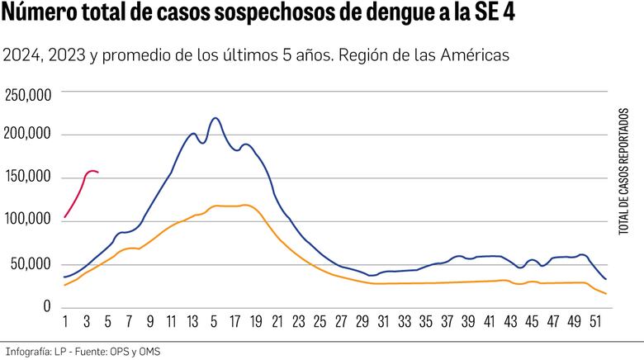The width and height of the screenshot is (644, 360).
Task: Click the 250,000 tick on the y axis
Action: click(29, 95)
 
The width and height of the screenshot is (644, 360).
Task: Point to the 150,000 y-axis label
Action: click(29, 178)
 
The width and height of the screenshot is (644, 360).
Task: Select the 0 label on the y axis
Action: click(48, 307)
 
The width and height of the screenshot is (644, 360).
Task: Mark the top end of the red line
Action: click(91, 170)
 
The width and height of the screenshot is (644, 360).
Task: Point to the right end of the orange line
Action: click(606, 294)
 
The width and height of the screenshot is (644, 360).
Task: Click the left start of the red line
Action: click(64, 218)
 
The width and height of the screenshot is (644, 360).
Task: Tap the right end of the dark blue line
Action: click(606, 279)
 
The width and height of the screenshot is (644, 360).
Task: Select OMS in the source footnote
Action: click(149, 351)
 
